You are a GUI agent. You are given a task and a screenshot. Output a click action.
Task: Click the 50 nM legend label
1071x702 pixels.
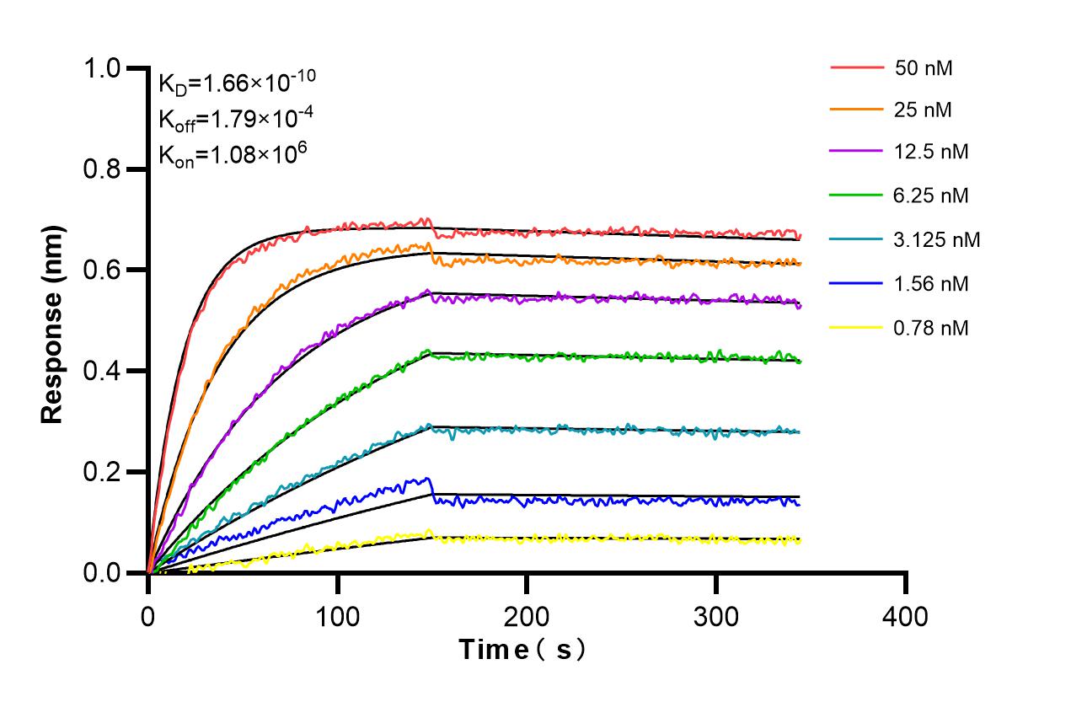(924, 68)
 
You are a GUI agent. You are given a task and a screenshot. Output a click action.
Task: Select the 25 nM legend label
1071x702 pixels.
(924, 109)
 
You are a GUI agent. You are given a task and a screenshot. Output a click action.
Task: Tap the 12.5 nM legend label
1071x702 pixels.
(931, 153)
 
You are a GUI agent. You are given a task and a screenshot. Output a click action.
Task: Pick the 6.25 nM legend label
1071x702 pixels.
(931, 196)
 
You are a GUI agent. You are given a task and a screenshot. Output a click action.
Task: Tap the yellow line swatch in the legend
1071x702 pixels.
(856, 328)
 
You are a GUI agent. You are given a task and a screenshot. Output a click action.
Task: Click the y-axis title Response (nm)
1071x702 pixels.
(53, 324)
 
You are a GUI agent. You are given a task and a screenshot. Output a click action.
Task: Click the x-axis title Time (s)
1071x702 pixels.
(522, 650)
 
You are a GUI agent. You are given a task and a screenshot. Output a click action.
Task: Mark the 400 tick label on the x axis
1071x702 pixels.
(905, 617)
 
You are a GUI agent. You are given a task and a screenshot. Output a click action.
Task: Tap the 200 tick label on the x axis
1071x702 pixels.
(527, 617)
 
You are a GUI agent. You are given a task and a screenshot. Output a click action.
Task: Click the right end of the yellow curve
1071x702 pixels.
(799, 539)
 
